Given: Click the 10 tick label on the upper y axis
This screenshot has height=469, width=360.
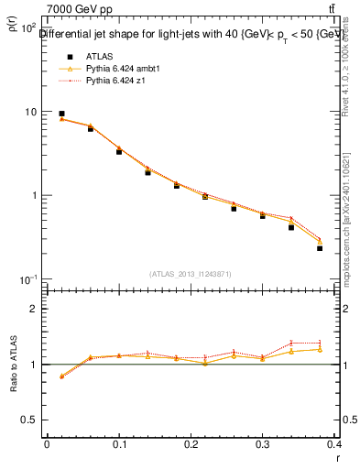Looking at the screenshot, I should click(29, 112).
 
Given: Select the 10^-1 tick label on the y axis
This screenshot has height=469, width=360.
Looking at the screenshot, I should click(27, 278).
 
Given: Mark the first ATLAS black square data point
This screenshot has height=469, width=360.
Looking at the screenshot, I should click(61, 114).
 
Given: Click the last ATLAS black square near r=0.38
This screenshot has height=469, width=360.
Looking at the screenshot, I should click(320, 248).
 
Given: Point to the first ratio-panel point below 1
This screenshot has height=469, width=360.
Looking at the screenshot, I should click(61, 376).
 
